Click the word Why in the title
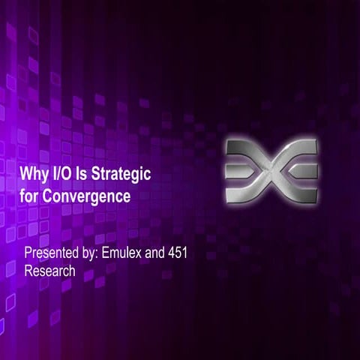point(34,175)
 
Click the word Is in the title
point(86,174)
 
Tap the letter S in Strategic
point(100,174)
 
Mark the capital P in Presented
point(28,253)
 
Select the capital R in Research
point(28,271)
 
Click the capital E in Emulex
point(111,253)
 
